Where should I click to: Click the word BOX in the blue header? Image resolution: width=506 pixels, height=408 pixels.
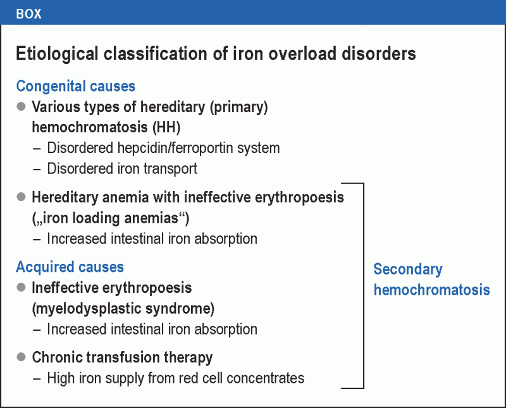28,13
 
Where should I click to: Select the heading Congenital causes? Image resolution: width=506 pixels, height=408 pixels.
76,86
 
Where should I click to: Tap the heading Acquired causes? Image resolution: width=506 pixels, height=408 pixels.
70,267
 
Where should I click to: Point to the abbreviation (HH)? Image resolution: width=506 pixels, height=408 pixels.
166,128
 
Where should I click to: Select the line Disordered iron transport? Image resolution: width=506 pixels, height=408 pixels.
122,168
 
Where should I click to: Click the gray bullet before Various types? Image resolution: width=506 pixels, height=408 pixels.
21,107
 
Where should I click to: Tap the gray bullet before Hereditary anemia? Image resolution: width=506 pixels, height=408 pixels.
21,197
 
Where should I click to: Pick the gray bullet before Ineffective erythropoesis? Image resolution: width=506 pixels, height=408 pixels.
21,288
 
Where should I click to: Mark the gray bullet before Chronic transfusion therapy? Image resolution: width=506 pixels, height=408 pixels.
21,357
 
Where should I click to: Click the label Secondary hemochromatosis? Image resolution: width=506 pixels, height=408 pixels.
431,279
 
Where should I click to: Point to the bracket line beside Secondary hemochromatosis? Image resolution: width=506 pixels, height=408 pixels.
364,285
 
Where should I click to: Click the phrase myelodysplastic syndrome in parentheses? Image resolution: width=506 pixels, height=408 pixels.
123,309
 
